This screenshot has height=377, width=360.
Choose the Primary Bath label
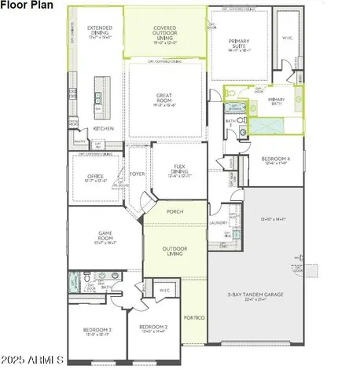pyautogui.click(x=276, y=102)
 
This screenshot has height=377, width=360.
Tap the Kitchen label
pyautogui.click(x=105, y=128)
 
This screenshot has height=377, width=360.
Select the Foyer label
pyautogui.click(x=138, y=174)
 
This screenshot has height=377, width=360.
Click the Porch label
pyautogui.click(x=174, y=211)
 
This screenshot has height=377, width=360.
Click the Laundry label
pyautogui.click(x=218, y=223)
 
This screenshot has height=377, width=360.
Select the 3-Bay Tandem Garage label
pyautogui.click(x=261, y=295)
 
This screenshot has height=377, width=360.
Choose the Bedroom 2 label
pyautogui.click(x=153, y=328)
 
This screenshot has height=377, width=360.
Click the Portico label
pyautogui.click(x=193, y=317)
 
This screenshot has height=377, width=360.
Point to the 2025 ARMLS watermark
pyautogui.click(x=33, y=361)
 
